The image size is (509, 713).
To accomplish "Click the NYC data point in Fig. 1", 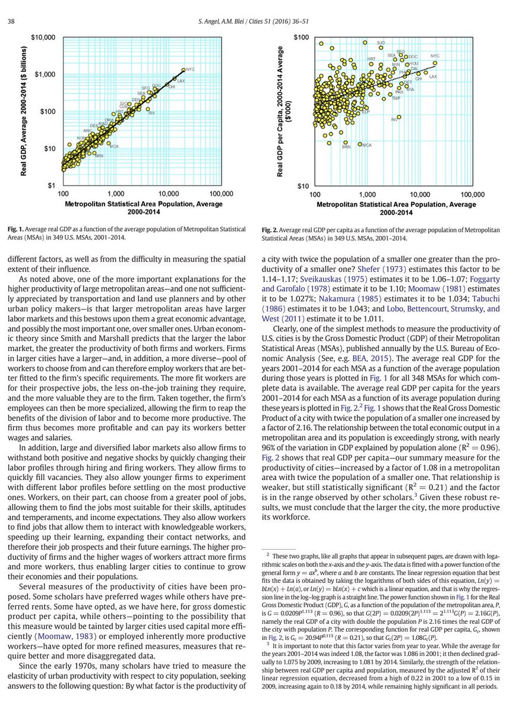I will (x=184, y=70).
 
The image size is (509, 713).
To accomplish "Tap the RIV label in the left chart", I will (x=151, y=113).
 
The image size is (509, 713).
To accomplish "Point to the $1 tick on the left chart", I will (x=52, y=185).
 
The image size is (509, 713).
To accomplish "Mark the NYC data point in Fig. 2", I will (x=435, y=62).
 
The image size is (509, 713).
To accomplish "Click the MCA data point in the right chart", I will (x=360, y=144).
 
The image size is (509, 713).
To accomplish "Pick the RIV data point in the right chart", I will (x=399, y=117).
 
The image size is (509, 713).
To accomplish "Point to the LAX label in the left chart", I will (x=181, y=80).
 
